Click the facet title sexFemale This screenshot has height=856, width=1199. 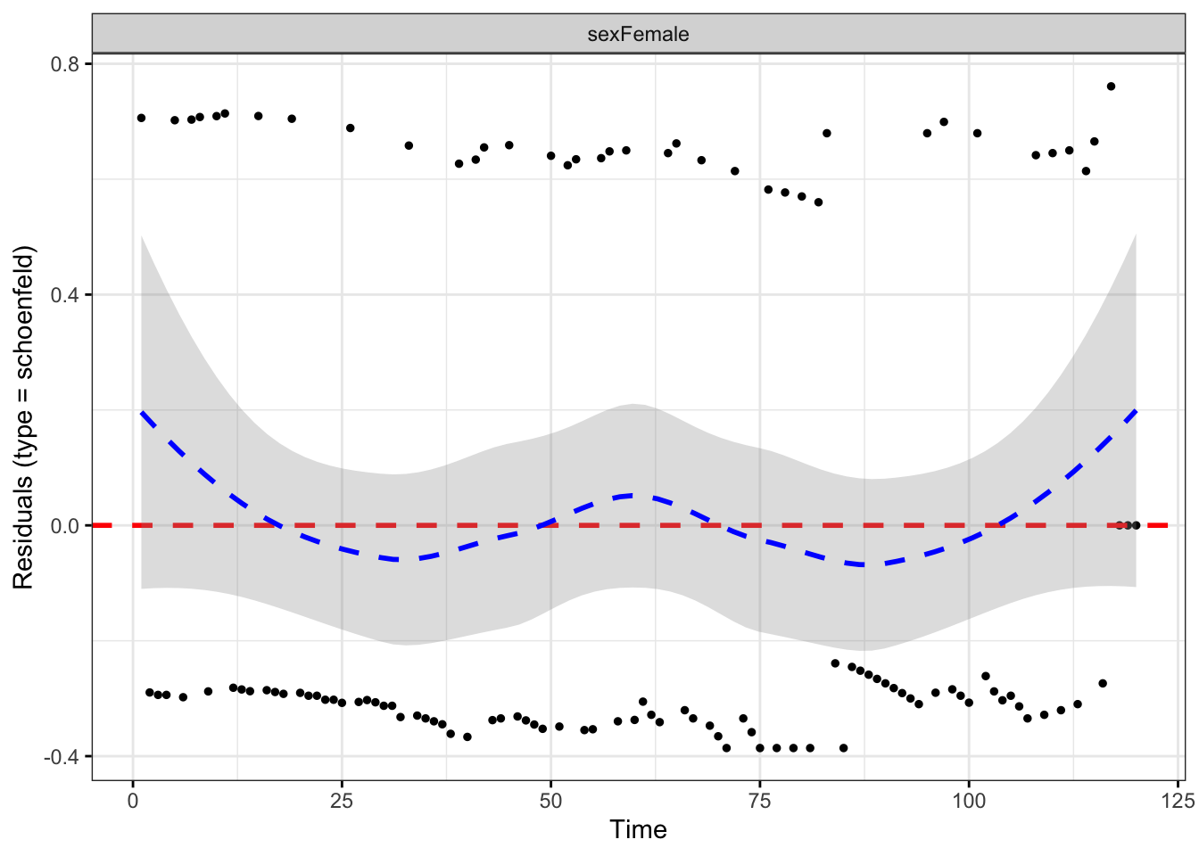tap(638, 34)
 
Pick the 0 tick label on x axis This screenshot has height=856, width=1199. tap(133, 800)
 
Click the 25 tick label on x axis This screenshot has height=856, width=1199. tap(342, 800)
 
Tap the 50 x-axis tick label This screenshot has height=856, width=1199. tap(550, 800)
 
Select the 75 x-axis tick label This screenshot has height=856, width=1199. tap(760, 800)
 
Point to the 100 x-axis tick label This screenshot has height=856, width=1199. tap(969, 800)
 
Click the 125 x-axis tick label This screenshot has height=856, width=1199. tap(1178, 800)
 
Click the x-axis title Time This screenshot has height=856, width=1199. tap(638, 830)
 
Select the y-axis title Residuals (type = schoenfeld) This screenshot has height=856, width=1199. tap(23, 417)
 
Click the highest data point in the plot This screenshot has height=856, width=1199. tap(1111, 86)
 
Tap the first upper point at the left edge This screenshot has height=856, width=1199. tap(141, 118)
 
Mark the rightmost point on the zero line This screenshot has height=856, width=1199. tap(1136, 525)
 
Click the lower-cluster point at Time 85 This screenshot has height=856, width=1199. tap(843, 748)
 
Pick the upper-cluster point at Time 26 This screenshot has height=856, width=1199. tap(350, 128)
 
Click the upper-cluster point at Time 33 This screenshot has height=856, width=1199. tap(409, 145)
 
